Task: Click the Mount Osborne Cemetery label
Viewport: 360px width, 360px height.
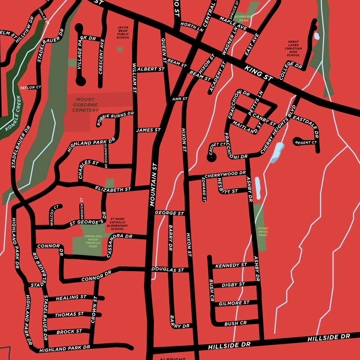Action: (83, 105)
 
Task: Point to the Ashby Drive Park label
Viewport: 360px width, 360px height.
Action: (263, 232)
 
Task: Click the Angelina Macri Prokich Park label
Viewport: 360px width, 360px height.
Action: (93, 241)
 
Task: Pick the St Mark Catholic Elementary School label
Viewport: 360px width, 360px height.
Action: (118, 224)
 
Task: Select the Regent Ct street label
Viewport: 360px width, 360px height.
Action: (306, 142)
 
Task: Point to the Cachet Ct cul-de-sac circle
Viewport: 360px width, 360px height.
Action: (212, 157)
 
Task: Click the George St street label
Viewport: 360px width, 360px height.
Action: (169, 213)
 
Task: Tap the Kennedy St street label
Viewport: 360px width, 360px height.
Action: (231, 265)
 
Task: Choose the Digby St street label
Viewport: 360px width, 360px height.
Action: (233, 285)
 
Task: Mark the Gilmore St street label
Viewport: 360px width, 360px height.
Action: (234, 303)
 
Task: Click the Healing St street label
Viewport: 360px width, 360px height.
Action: (71, 298)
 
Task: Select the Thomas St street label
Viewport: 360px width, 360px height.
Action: (70, 315)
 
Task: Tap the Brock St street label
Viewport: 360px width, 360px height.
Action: (69, 332)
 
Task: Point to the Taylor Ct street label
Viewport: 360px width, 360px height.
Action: (31, 87)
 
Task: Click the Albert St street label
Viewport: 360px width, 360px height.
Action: (151, 69)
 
